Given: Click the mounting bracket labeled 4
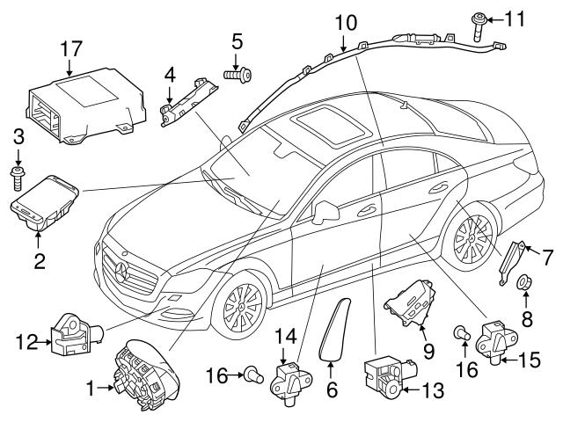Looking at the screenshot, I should [186, 104].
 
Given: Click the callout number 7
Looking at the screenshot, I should [548, 257].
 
